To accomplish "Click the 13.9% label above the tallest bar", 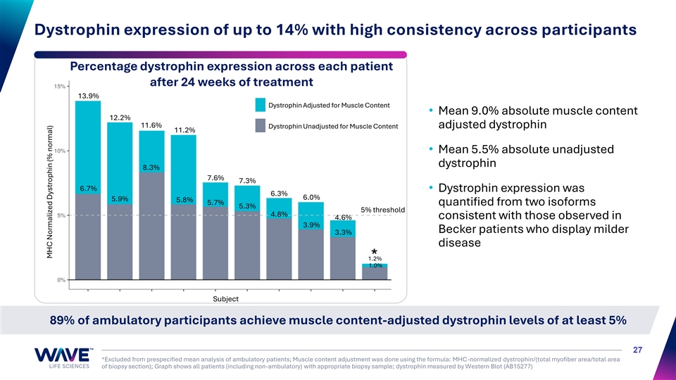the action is (89, 96).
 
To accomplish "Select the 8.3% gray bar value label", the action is (151, 167).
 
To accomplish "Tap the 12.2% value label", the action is (120, 118).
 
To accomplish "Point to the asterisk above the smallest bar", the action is (374, 251).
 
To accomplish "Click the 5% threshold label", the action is (383, 210).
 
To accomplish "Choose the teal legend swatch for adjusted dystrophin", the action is (261, 105).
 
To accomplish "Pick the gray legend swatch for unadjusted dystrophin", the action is (261, 126).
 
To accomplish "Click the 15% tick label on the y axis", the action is (59, 86).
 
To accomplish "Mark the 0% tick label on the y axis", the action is (61, 280).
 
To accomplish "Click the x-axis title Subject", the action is (225, 298).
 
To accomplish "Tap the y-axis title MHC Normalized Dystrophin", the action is (49, 192).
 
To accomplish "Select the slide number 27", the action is (638, 350).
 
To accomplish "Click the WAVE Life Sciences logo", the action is (63, 358).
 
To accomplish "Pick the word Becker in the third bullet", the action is (456, 229).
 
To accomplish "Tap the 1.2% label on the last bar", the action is (375, 258).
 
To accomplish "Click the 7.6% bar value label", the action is (215, 178).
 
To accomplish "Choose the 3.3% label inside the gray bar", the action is (343, 232).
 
